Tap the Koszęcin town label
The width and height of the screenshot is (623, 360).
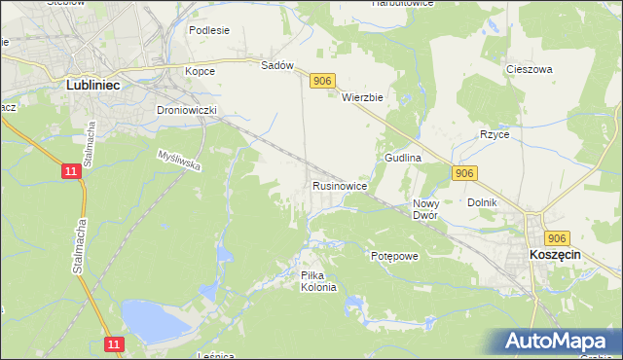[x=555, y=253]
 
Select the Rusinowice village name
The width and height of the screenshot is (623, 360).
[x=339, y=185]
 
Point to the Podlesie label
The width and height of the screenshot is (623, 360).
[x=209, y=30]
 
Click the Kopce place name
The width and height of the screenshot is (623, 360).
[x=200, y=71]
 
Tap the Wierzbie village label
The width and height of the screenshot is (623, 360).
[x=364, y=97]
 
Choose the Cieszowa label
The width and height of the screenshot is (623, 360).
[x=530, y=70]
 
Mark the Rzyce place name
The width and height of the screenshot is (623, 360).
[x=495, y=134]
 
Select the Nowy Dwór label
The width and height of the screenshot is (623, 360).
[x=425, y=209]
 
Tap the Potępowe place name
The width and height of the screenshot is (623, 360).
[x=394, y=256]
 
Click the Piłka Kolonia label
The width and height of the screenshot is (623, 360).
[x=318, y=281]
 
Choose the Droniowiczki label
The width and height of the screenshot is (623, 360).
[x=186, y=111]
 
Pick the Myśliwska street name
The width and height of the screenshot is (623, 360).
[x=179, y=161]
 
